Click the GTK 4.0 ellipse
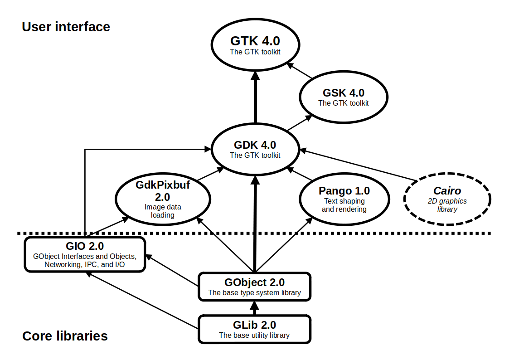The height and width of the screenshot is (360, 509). pyautogui.click(x=255, y=45)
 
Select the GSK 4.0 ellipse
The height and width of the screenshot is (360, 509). pyautogui.click(x=343, y=97)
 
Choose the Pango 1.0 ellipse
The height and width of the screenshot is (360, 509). pyautogui.click(x=344, y=199)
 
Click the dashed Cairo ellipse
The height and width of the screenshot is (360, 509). pyautogui.click(x=447, y=199)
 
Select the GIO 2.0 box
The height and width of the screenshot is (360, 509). pyautogui.click(x=85, y=254)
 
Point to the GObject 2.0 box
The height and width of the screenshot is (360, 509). pyautogui.click(x=254, y=287)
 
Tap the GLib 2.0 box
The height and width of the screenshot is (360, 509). pyautogui.click(x=254, y=329)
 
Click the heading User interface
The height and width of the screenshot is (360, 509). pyautogui.click(x=66, y=27)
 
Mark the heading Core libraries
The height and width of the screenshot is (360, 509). pyautogui.click(x=65, y=336)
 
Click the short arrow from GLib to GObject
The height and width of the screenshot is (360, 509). pyautogui.click(x=254, y=308)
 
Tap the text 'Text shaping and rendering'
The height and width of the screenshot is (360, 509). pyautogui.click(x=344, y=205)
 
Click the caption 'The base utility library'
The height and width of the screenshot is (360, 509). pyautogui.click(x=254, y=336)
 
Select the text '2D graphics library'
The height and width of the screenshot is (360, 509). pyautogui.click(x=447, y=205)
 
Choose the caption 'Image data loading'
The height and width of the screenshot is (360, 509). pyautogui.click(x=163, y=211)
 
